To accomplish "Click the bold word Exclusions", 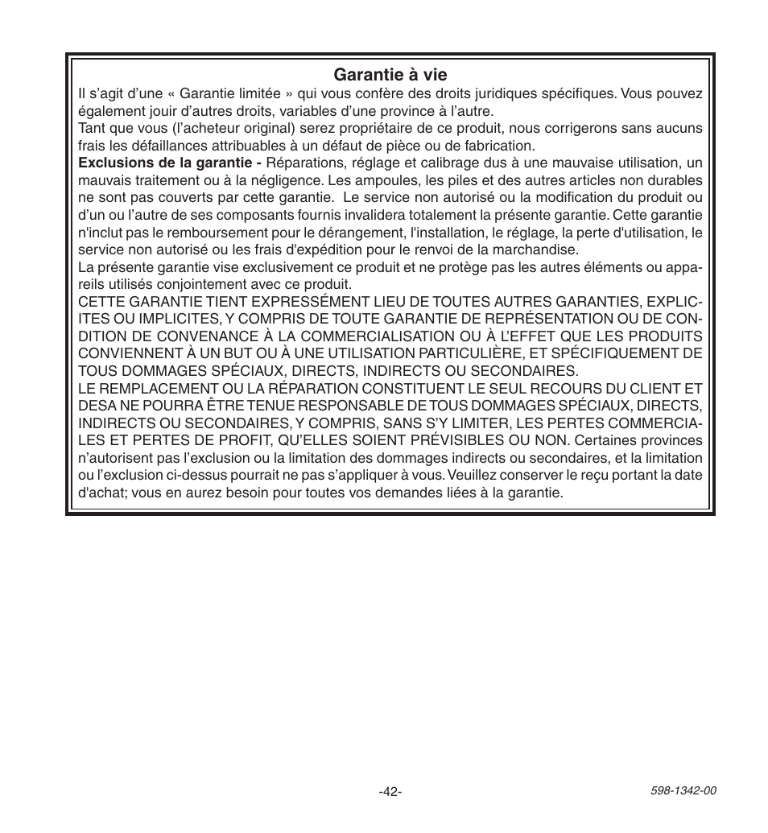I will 112,163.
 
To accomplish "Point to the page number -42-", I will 390,792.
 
